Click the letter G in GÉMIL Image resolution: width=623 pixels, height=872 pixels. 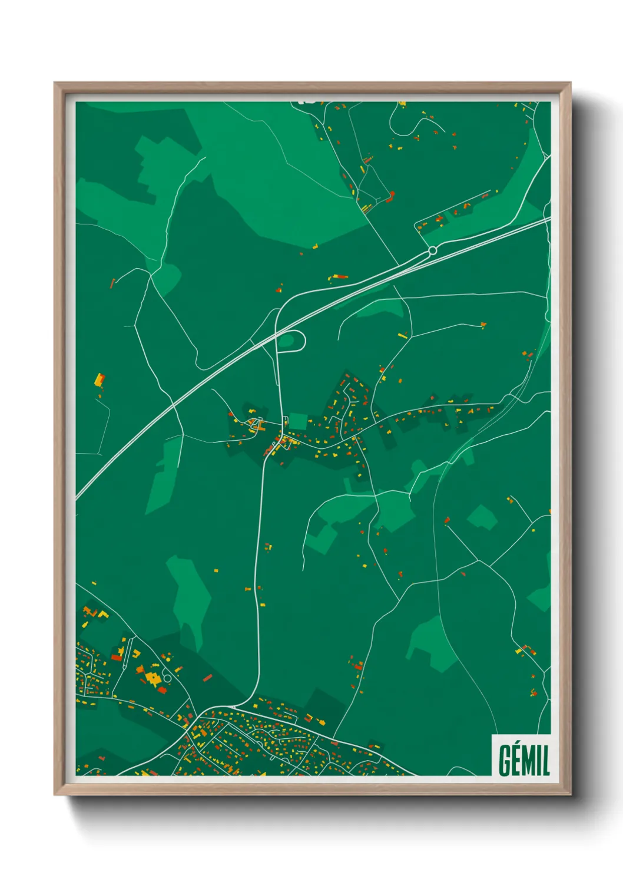[505, 761]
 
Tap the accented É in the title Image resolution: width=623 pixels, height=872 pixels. [518, 760]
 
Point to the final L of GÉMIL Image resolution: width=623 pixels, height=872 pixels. [545, 761]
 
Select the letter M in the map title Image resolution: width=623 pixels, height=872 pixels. [530, 761]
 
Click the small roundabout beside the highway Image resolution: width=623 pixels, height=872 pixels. [432, 250]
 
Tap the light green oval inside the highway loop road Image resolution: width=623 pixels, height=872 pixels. [287, 340]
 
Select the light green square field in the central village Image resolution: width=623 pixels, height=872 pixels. [298, 421]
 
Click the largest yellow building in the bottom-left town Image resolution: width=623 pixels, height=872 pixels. [153, 678]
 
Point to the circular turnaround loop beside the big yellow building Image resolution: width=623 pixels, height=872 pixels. [167, 678]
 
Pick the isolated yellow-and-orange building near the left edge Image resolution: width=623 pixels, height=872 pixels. [100, 379]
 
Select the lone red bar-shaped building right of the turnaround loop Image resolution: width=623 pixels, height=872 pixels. [207, 678]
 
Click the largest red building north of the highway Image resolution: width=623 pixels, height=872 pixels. [389, 196]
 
